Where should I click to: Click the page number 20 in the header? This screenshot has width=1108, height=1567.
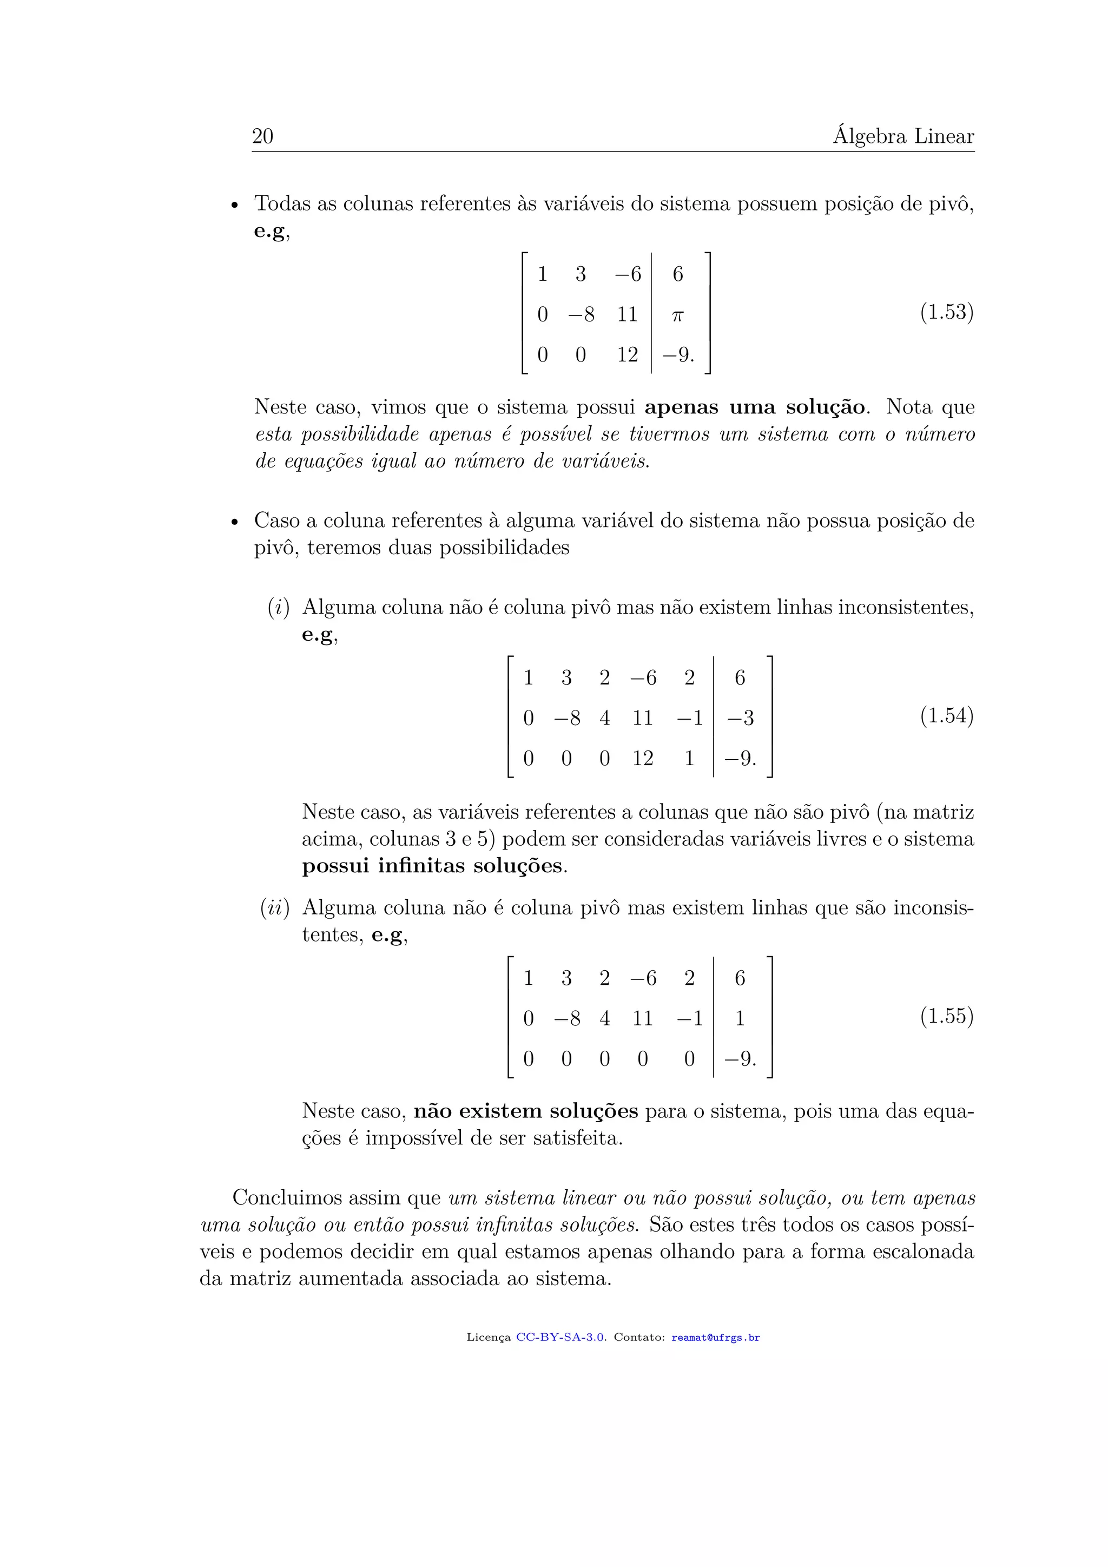click(263, 136)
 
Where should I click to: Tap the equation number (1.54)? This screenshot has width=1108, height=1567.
click(946, 716)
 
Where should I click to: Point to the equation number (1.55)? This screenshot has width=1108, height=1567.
click(946, 1016)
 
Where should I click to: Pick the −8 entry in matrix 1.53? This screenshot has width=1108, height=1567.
click(581, 314)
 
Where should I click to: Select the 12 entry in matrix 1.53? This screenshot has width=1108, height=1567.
click(627, 355)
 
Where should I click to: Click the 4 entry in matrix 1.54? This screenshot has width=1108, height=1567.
click(604, 718)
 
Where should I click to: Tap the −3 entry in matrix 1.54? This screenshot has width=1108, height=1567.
click(740, 718)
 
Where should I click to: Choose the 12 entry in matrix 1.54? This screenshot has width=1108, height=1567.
click(643, 758)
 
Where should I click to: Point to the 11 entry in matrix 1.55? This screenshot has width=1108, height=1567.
click(643, 1019)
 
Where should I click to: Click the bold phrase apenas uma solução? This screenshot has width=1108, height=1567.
click(755, 407)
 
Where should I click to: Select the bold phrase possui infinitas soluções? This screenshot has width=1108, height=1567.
click(433, 866)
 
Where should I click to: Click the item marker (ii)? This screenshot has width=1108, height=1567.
click(275, 908)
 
